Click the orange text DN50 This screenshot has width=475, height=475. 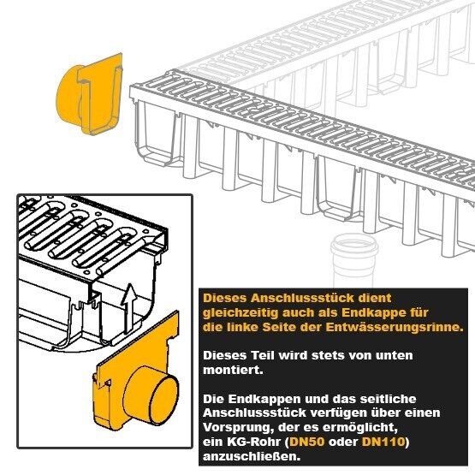[x=307, y=442]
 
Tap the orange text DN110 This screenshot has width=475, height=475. [x=383, y=442]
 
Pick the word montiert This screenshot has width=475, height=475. [x=233, y=370]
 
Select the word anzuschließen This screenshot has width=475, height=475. [x=252, y=456]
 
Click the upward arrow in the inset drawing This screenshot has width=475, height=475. [x=129, y=308]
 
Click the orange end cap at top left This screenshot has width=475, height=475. [x=90, y=94]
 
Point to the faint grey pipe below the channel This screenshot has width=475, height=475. [x=354, y=260]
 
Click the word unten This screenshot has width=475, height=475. [x=394, y=355]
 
